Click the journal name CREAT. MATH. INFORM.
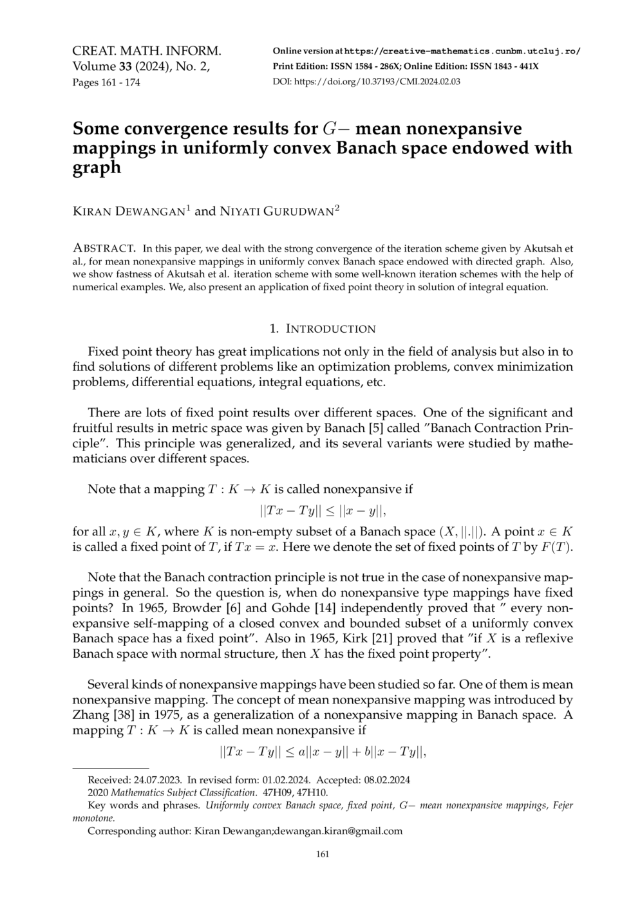(x=147, y=51)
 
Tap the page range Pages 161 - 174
(x=106, y=82)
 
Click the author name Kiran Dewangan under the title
(x=129, y=211)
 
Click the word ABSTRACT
(x=104, y=248)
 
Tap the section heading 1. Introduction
(x=323, y=329)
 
